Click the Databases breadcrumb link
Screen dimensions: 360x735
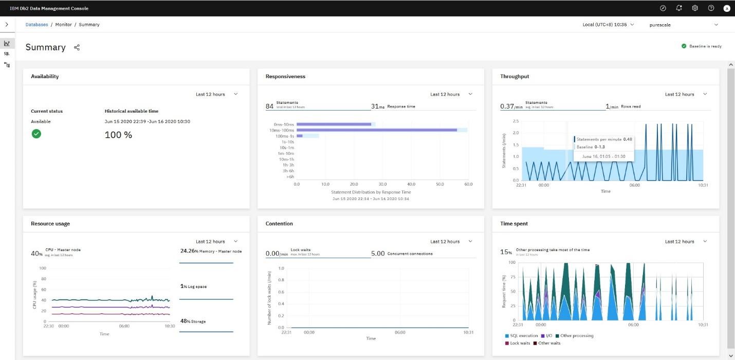tap(37, 25)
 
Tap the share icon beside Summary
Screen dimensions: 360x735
tap(77, 47)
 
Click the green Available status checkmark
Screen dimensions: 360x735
tap(36, 134)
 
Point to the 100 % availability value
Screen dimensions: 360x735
tap(118, 135)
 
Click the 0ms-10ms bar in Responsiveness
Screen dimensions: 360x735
tap(334, 124)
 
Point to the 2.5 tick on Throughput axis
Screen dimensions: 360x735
tap(516, 121)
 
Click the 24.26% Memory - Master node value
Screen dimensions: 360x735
tap(210, 251)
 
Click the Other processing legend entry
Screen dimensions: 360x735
tap(576, 336)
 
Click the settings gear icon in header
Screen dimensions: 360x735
tap(695, 8)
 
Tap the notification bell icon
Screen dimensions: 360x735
tap(679, 8)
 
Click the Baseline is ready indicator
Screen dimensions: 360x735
tap(702, 46)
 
